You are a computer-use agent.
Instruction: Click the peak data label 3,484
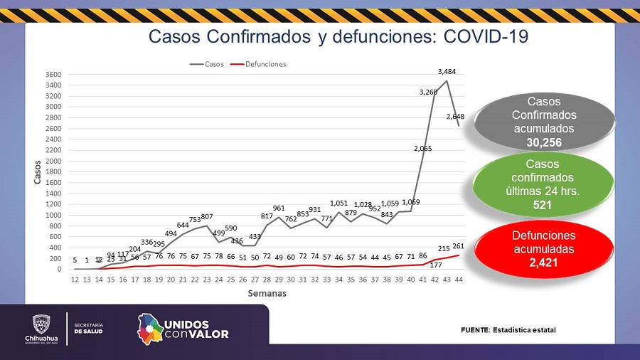(x=447, y=71)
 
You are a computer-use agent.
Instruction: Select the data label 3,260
(x=429, y=92)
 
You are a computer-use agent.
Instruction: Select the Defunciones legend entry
(x=265, y=64)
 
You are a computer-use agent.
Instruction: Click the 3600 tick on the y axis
(x=54, y=75)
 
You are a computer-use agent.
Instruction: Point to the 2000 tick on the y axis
(x=54, y=161)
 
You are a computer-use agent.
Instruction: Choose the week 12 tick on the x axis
(x=75, y=280)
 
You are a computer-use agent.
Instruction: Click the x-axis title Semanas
(x=267, y=293)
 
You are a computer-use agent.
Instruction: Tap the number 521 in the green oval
(x=543, y=205)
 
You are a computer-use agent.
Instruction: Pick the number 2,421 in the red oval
(x=543, y=262)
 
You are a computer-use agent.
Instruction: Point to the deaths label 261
(x=458, y=246)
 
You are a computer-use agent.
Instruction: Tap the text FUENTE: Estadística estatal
(x=508, y=330)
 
